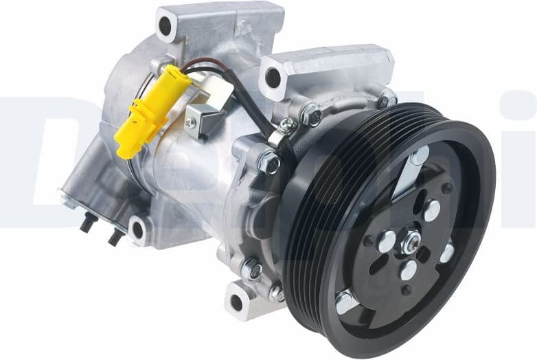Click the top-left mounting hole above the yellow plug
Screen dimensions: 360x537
[165, 26]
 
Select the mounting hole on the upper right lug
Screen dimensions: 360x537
[273, 77]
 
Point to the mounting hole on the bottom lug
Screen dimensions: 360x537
[236, 302]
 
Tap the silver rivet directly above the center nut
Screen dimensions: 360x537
[432, 210]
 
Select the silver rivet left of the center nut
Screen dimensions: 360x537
[387, 240]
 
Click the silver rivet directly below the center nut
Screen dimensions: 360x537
[409, 270]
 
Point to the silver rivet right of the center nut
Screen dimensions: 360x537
[447, 253]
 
